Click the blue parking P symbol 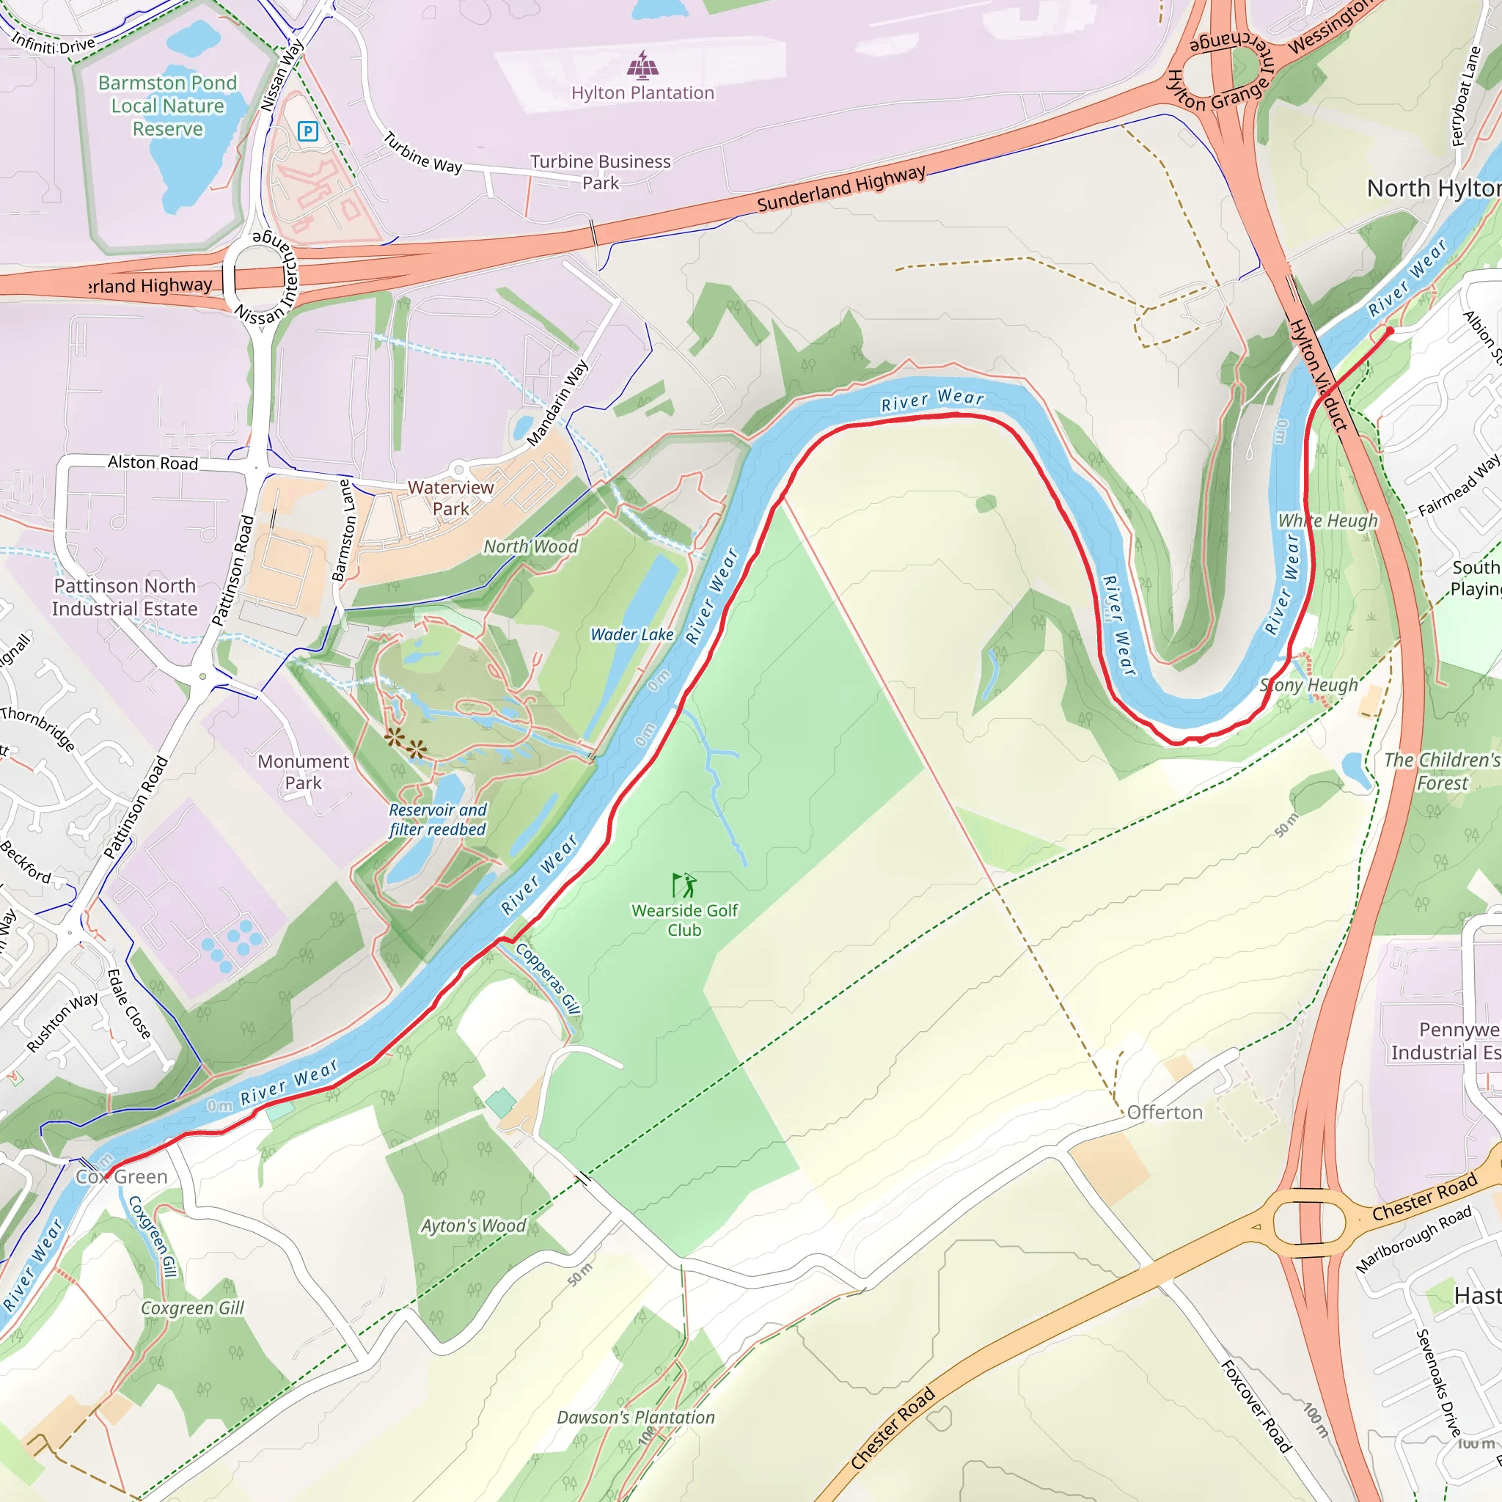308,131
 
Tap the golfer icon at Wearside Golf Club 684,885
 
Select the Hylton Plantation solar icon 642,66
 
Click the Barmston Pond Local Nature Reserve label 167,106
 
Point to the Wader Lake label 631,634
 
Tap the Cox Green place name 122,1177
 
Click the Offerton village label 1164,1113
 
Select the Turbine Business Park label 600,172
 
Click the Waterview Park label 451,497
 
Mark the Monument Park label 303,772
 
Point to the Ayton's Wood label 474,1226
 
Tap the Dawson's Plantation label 635,1417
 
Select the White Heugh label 1327,520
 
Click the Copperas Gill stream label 549,978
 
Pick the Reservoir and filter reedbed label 438,819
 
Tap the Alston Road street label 153,463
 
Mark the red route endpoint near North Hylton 1390,331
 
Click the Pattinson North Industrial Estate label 125,597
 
